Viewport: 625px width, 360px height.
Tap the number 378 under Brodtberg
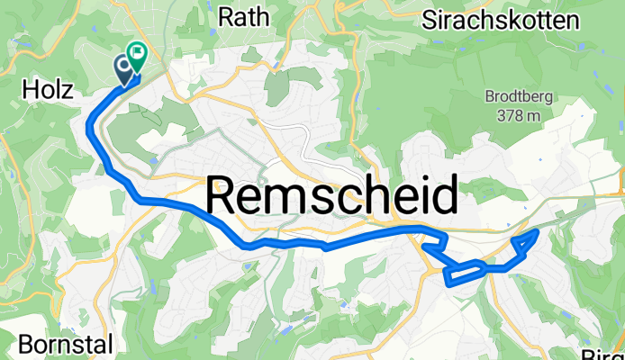pyautogui.click(x=510, y=114)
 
